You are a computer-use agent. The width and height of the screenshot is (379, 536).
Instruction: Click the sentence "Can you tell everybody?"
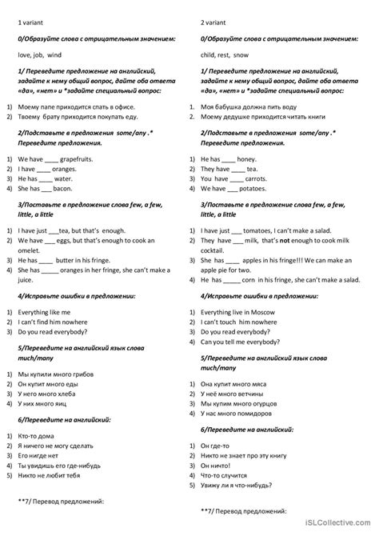pyautogui.click(x=241, y=341)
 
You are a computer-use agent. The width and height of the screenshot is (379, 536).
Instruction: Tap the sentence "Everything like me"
pyautogui.click(x=47, y=311)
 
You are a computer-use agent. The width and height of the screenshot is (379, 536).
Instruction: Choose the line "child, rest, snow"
pyautogui.click(x=227, y=54)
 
